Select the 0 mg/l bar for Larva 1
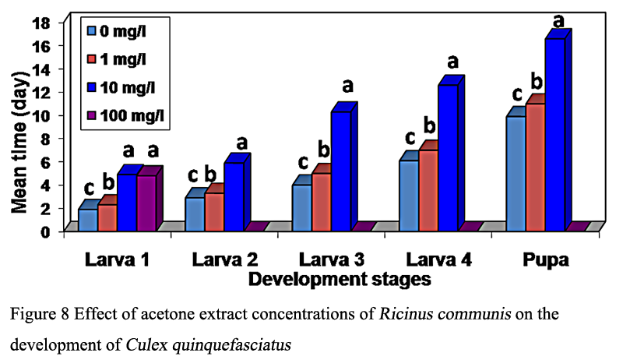click(x=88, y=220)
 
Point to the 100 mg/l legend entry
click(x=128, y=117)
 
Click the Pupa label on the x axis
click(x=547, y=259)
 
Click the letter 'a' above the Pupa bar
click(x=558, y=19)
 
